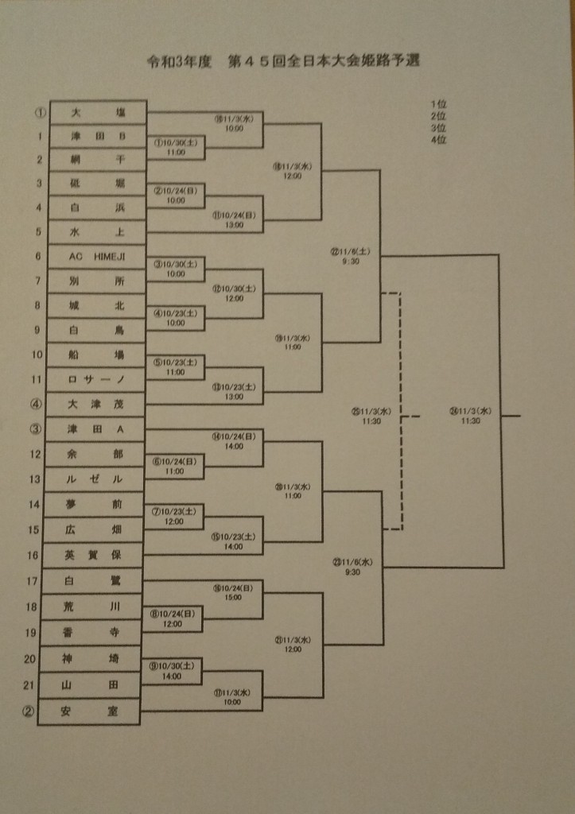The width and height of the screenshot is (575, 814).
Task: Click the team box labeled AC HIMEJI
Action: point(97,256)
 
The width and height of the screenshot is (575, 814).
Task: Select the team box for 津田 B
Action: point(97,136)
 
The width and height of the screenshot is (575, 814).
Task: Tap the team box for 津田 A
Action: point(95,429)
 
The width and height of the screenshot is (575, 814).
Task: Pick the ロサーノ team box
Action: point(97,379)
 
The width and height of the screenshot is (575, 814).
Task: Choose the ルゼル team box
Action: point(95,479)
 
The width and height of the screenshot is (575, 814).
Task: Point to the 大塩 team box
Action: point(97,112)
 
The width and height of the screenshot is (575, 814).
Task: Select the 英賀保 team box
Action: point(94,554)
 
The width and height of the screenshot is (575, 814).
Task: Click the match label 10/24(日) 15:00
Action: point(232,593)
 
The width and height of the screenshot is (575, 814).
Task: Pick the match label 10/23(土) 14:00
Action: point(233,541)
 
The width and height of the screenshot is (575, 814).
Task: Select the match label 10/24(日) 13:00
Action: point(232,219)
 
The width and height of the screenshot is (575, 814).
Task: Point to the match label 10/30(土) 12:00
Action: point(232,293)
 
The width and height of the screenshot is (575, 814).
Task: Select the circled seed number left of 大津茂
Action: point(36,404)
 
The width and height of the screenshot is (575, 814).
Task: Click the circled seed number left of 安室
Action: point(28,711)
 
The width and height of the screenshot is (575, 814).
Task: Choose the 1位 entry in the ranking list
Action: point(438,104)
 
